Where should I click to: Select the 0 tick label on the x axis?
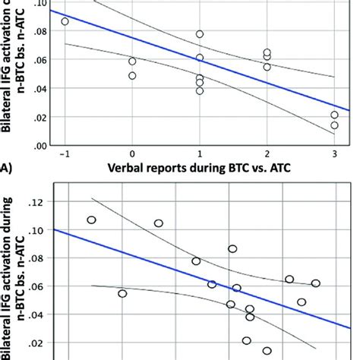point(132,154)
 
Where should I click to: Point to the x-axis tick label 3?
point(334,154)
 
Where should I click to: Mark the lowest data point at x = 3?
point(334,125)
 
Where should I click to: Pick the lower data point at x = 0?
point(132,76)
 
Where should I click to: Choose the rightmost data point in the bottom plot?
point(315,283)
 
